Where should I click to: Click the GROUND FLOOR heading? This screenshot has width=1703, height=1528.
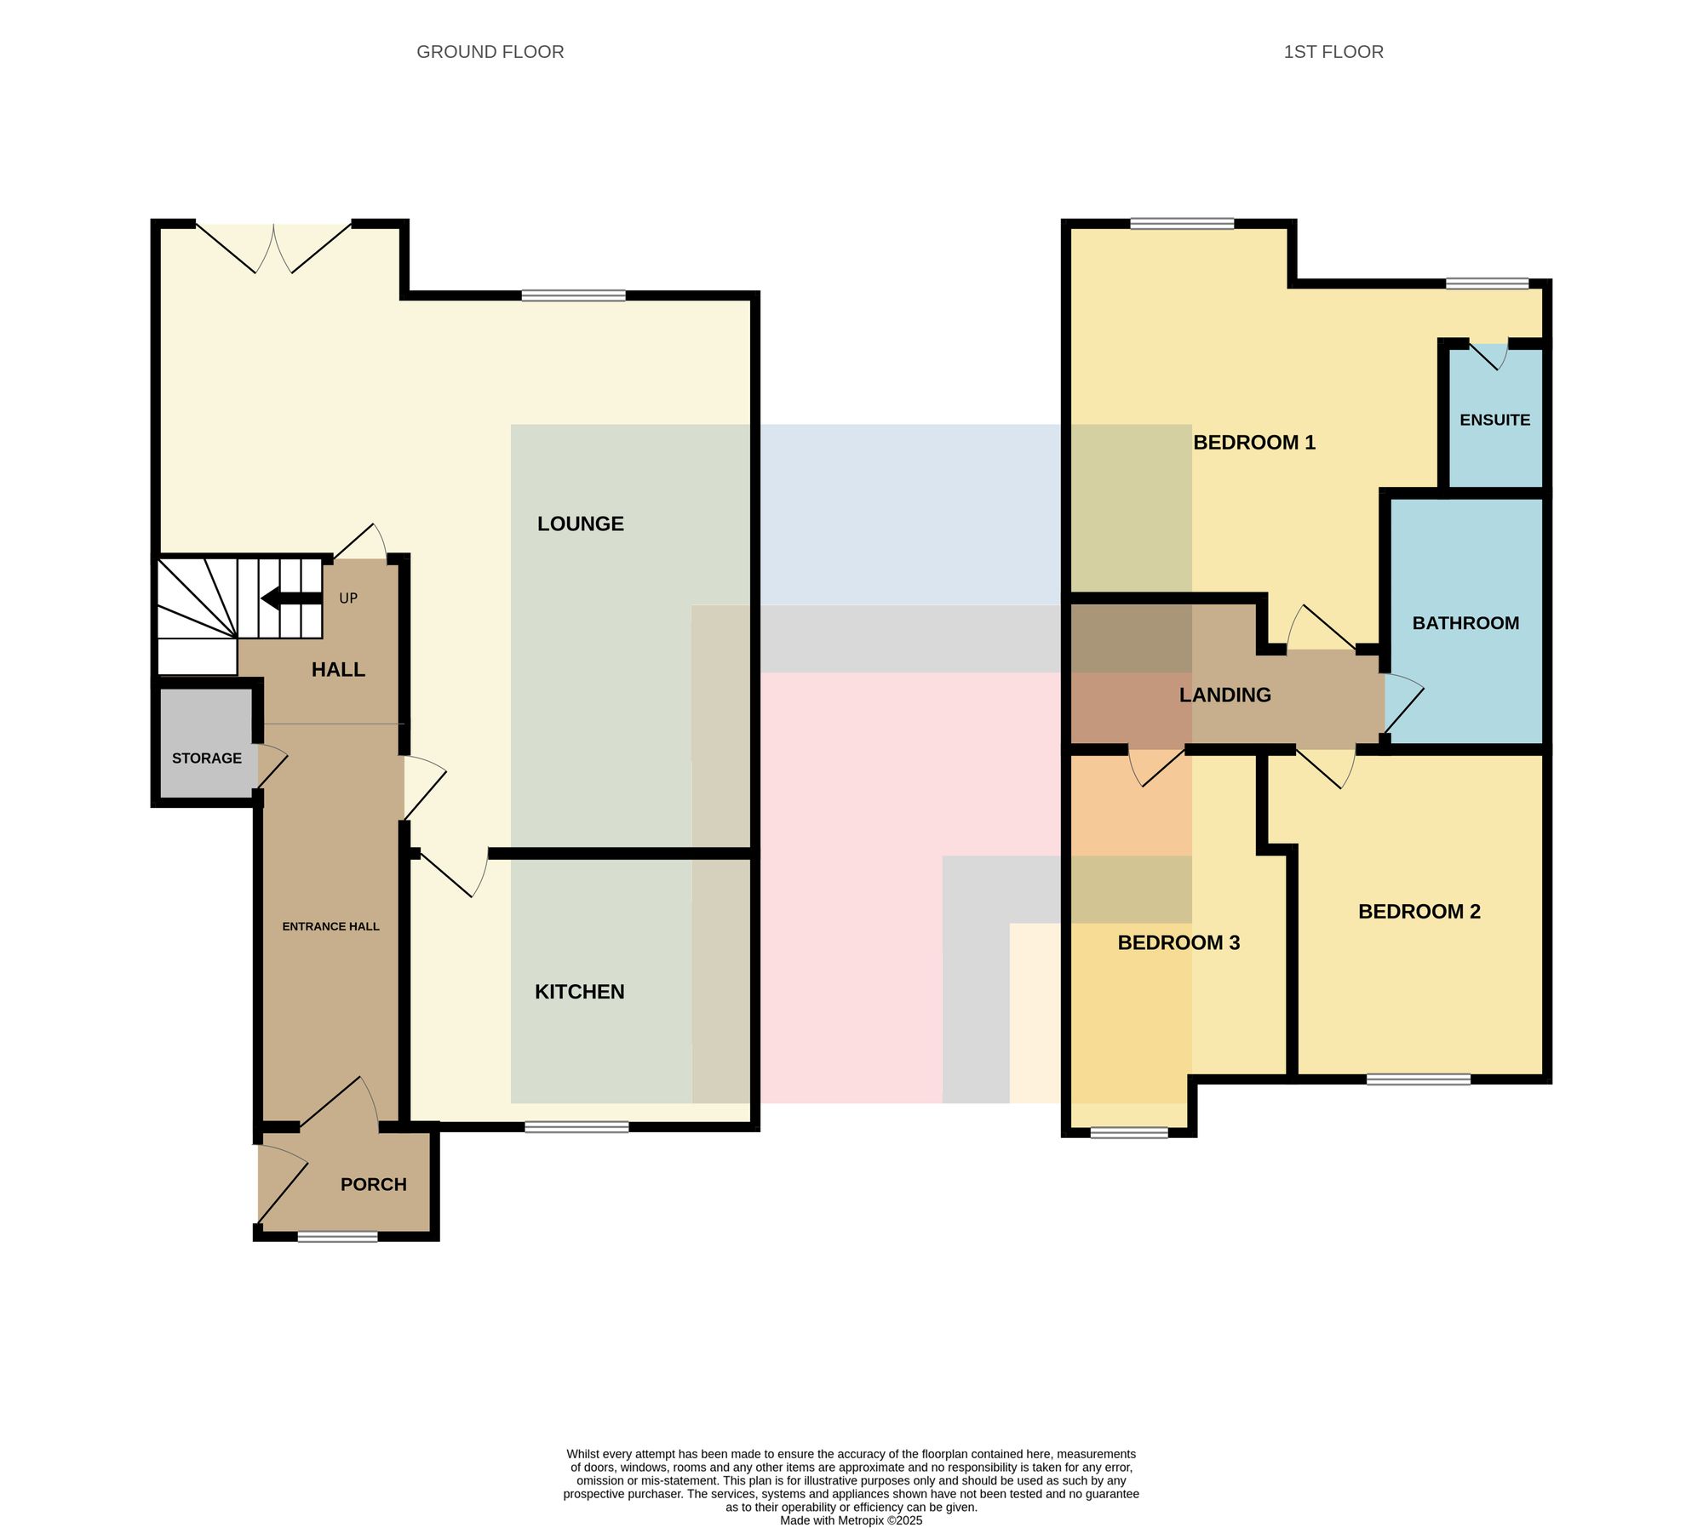coord(490,52)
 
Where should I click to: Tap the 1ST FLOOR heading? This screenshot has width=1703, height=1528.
coord(1333,52)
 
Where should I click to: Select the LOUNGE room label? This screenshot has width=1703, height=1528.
coord(581,524)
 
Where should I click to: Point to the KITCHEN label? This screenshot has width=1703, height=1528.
coord(580,992)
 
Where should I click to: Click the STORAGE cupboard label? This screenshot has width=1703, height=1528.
coord(207,758)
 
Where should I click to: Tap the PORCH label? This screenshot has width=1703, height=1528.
coord(374,1184)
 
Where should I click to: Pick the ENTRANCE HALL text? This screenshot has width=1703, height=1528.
coord(331,926)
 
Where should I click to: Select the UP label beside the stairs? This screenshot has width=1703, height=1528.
coord(348,598)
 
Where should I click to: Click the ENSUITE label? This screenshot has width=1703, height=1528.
coord(1495,420)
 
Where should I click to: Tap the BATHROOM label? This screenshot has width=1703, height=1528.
coord(1466,623)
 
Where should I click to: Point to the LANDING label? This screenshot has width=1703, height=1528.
coord(1225,695)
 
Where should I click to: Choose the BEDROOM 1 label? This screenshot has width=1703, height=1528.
coord(1254,443)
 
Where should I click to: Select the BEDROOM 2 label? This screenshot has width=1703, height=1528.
coord(1419,912)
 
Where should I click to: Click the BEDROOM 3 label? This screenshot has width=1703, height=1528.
coord(1178,942)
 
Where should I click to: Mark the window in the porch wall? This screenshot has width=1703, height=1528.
coord(338,1236)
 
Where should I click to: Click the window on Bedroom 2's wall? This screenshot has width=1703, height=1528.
coord(1419,1079)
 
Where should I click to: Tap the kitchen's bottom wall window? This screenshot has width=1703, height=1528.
coord(577,1127)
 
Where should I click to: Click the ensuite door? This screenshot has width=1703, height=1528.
coord(1489,354)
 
